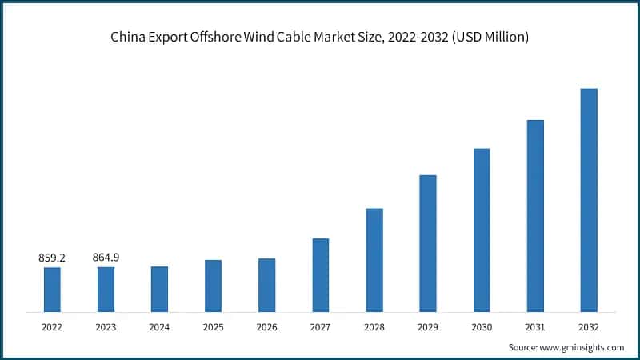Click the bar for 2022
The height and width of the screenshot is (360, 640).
(x=52, y=289)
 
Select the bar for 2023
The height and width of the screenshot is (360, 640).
(x=106, y=289)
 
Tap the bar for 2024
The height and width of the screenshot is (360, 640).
(x=159, y=289)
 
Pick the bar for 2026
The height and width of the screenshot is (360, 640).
(x=266, y=285)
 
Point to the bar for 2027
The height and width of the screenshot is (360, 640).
(x=321, y=274)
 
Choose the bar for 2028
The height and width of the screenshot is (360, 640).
(x=374, y=260)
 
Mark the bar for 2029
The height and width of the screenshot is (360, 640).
(x=428, y=243)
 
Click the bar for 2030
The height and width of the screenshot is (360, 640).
(x=482, y=230)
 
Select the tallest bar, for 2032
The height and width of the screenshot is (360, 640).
(x=589, y=200)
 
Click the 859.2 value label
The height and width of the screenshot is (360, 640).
(x=52, y=258)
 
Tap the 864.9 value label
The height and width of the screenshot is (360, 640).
(x=106, y=258)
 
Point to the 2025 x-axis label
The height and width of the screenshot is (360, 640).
(x=213, y=327)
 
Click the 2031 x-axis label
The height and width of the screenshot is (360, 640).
(x=535, y=327)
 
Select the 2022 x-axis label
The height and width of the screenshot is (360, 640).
(x=52, y=327)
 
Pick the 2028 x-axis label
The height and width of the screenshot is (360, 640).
(x=374, y=327)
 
